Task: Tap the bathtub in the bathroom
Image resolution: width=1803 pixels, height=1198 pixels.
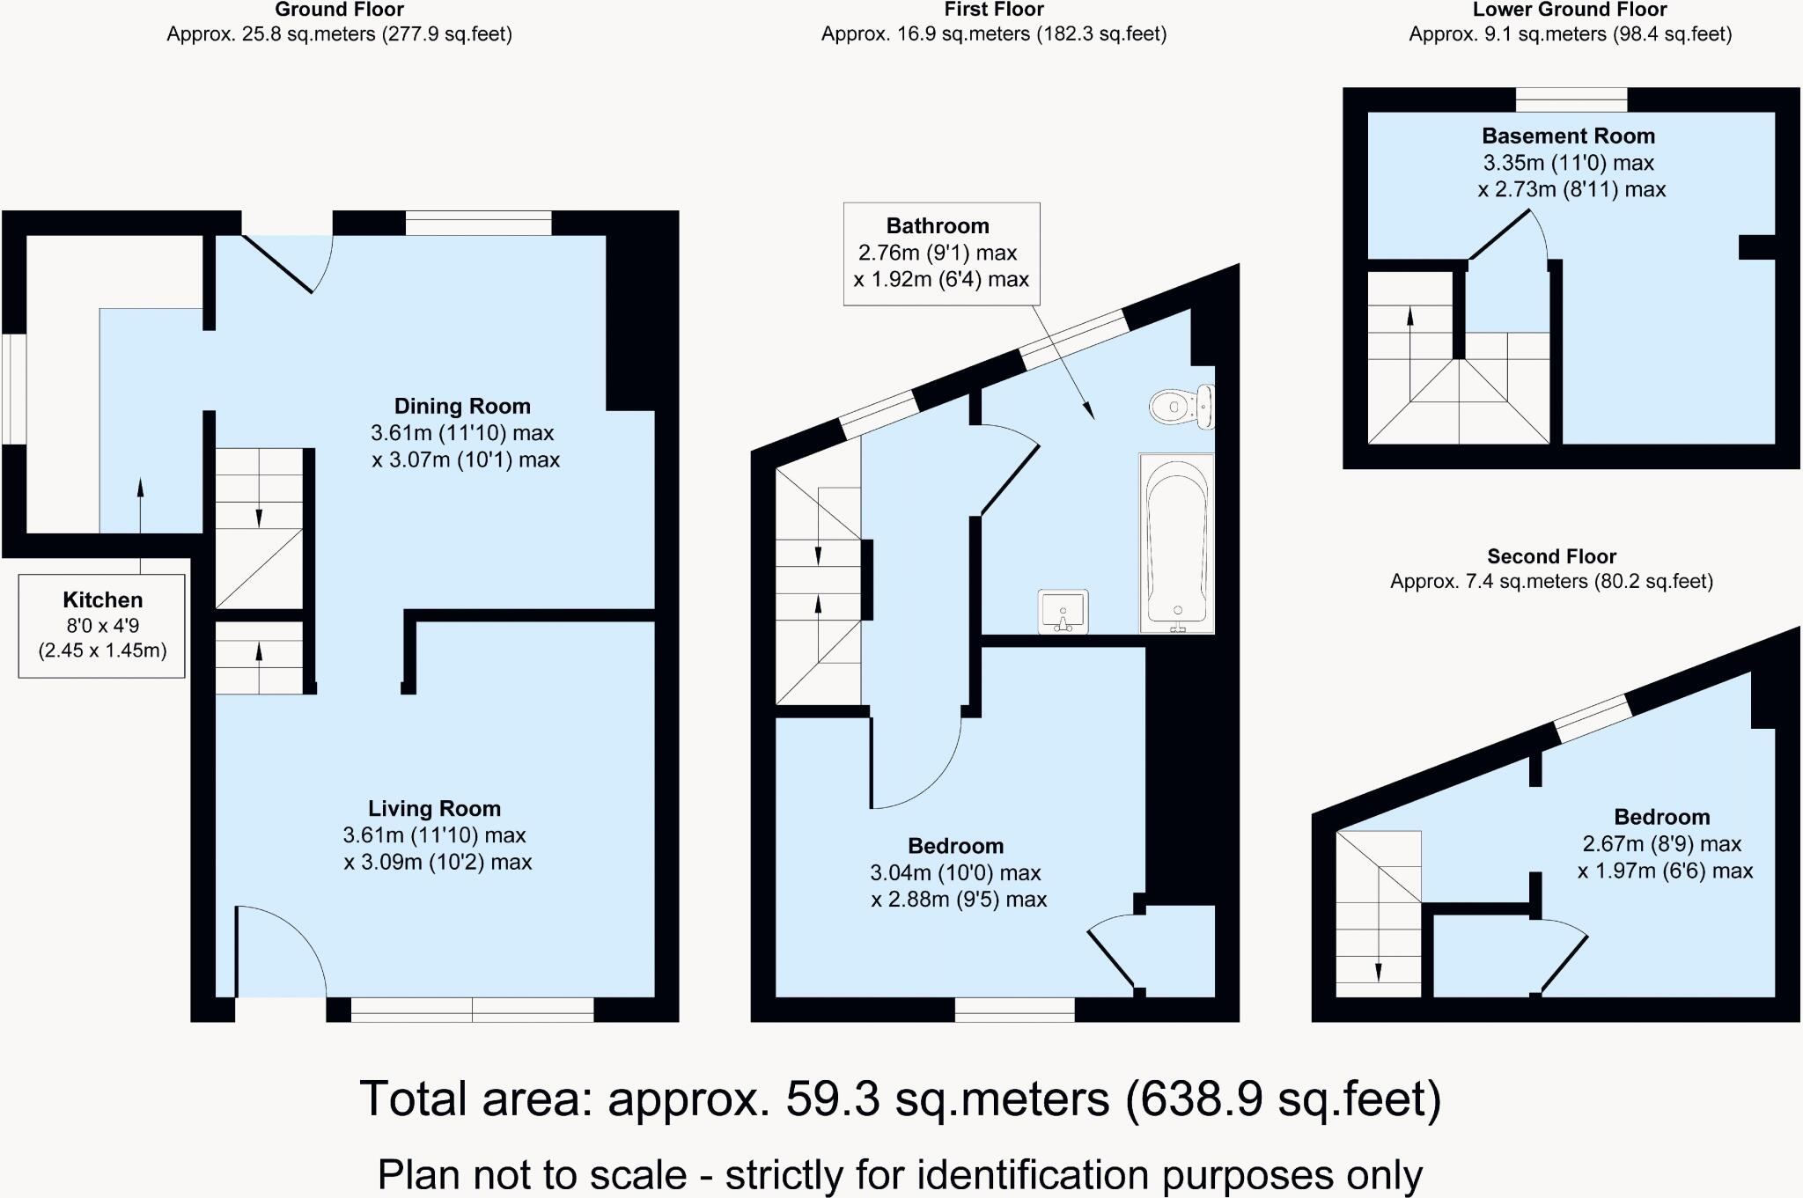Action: pos(1176,542)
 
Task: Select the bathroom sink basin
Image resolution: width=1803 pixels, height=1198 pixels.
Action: pos(1063,611)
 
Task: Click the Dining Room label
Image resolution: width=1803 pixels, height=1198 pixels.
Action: pos(462,407)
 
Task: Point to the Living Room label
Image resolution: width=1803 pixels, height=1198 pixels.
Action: pos(434,809)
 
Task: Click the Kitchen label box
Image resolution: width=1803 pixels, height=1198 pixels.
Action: pos(102,625)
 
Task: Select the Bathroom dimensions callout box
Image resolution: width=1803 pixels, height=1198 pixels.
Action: pos(941,254)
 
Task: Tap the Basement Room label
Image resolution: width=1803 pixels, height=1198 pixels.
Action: pos(1568,136)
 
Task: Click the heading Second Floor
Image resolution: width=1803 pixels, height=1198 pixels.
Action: pos(1551,556)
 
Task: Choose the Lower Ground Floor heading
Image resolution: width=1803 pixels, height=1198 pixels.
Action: pos(1570,11)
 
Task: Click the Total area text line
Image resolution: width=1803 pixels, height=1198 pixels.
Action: pos(900,1099)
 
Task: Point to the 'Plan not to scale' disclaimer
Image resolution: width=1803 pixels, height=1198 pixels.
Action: pos(900,1174)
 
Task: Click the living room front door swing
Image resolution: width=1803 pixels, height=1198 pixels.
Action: pos(280,951)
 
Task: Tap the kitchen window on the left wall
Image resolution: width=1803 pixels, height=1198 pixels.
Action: pos(14,388)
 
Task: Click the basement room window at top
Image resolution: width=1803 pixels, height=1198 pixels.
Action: pos(1571,99)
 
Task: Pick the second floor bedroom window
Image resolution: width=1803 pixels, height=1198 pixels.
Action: pos(1592,718)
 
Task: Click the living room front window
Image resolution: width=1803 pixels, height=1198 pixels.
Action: pos(472,1010)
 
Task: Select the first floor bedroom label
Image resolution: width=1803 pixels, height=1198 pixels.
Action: pos(955,847)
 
